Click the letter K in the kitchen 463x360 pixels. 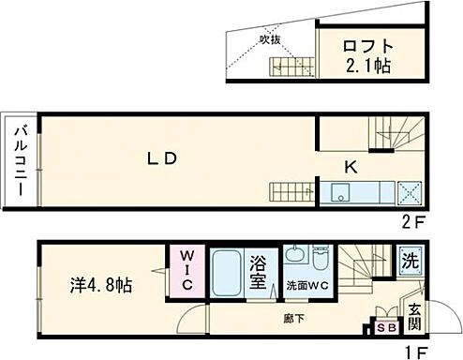pos(350,168)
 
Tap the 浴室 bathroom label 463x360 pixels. pos(261,274)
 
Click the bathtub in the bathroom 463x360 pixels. pos(225,275)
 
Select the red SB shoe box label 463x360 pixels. pos(385,328)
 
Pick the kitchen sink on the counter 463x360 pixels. pos(338,194)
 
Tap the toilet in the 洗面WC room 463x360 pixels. pos(319,258)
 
